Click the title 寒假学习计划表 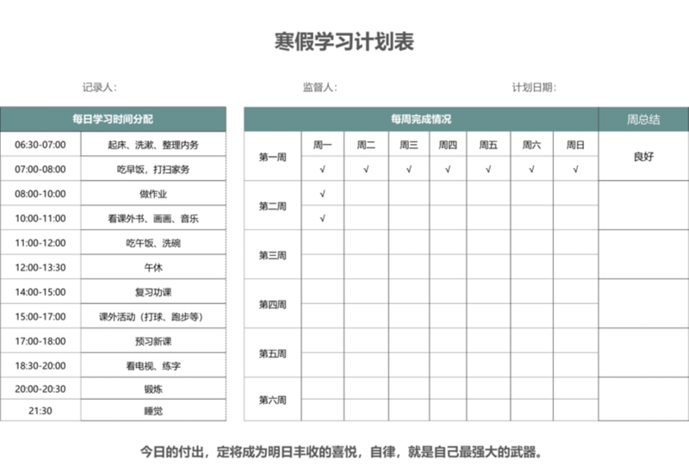click(344, 42)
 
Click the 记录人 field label click(99, 87)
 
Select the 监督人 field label click(320, 87)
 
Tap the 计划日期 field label click(534, 87)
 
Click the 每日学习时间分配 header click(113, 119)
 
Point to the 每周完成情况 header click(420, 119)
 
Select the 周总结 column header click(643, 119)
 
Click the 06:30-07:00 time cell click(40, 145)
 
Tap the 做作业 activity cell click(153, 194)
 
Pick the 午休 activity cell click(153, 268)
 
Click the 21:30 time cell click(40, 410)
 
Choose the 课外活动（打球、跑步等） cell click(153, 317)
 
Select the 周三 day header click(408, 145)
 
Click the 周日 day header click(575, 145)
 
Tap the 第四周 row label click(272, 304)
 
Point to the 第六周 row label click(272, 401)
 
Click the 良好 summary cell click(643, 157)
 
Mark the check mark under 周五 click(488, 170)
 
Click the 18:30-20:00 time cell click(40, 365)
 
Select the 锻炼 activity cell click(153, 388)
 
